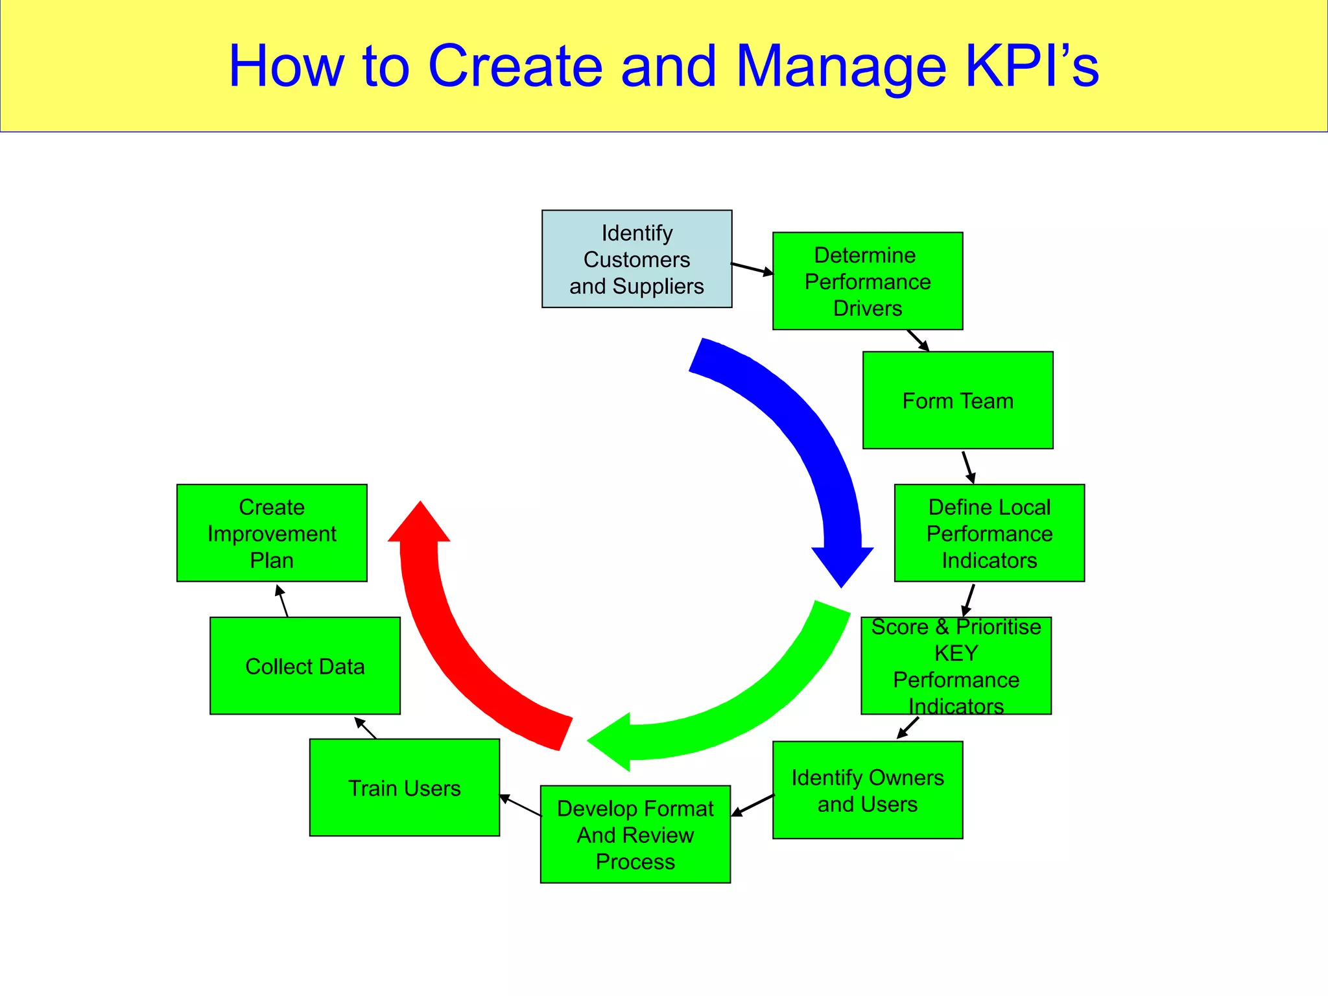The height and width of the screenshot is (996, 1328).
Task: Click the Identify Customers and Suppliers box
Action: [637, 259]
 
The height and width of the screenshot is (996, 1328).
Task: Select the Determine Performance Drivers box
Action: [868, 281]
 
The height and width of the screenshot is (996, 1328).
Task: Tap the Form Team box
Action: [958, 400]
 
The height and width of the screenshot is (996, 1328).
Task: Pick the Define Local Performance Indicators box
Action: [989, 533]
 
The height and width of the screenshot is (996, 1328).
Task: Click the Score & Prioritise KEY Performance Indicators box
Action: [956, 666]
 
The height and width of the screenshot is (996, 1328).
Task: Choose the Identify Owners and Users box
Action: [868, 790]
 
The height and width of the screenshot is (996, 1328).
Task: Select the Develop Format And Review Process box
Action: [635, 835]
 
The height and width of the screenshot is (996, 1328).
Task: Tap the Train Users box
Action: [405, 788]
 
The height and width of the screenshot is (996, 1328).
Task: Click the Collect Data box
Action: [305, 666]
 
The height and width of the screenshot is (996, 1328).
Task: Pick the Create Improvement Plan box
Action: [272, 533]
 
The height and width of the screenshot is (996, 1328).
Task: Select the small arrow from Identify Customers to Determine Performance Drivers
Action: [752, 268]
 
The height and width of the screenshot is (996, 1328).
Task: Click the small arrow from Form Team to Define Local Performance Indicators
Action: [968, 467]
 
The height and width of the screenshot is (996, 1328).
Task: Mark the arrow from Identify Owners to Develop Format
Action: [753, 805]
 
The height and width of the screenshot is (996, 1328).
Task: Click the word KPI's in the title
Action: [1032, 66]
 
